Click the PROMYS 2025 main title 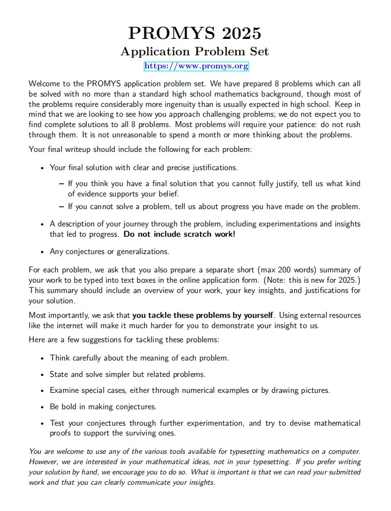pyautogui.click(x=195, y=33)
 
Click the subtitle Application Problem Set pyautogui.click(x=195, y=51)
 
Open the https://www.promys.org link pyautogui.click(x=196, y=66)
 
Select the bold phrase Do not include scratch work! pyautogui.click(x=179, y=234)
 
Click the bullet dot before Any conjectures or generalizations pyautogui.click(x=42, y=252)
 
